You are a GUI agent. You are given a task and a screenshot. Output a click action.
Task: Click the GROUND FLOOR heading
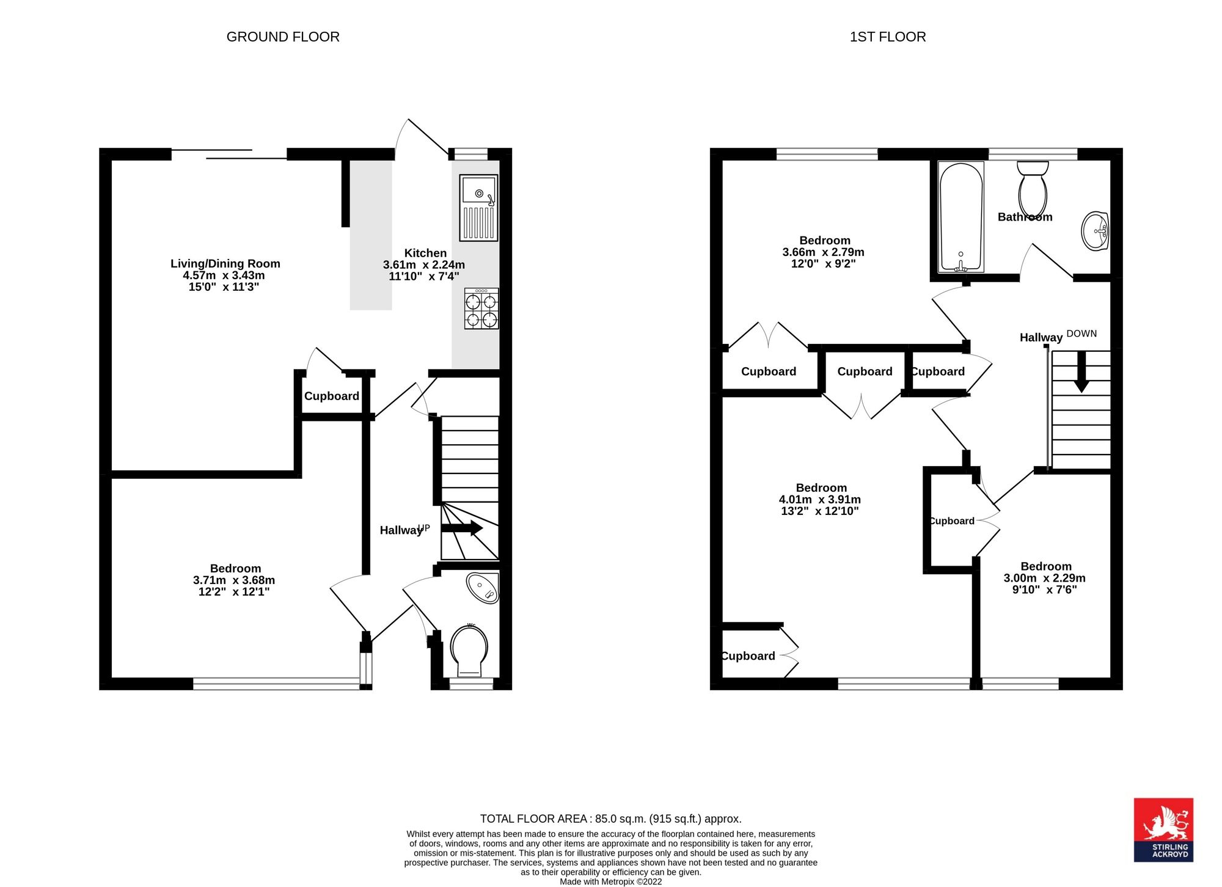283,37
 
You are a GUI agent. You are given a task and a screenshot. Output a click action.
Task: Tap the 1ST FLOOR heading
888,37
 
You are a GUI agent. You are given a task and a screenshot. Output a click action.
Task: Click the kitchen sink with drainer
478,208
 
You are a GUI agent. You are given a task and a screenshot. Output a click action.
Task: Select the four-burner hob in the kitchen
481,308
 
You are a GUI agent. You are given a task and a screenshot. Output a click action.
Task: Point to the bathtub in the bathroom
961,217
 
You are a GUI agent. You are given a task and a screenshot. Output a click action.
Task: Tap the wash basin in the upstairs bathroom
1095,231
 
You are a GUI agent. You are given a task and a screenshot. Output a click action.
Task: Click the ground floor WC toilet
469,651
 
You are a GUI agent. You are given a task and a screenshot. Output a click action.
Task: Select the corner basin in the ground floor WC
483,588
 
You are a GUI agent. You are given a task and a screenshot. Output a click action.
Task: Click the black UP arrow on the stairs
462,528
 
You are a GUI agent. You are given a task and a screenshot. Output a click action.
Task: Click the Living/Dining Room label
225,264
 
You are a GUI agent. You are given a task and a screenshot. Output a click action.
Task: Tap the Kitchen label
425,253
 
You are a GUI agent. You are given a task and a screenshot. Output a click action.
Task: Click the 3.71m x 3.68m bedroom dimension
234,580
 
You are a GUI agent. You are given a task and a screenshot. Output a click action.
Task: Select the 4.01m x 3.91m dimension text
820,500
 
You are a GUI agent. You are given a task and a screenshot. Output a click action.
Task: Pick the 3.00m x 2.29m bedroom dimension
1045,579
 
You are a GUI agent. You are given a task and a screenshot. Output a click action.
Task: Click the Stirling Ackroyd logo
1163,830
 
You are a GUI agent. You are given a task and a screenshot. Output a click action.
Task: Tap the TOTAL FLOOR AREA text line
611,819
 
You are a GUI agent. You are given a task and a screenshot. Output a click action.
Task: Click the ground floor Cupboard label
332,396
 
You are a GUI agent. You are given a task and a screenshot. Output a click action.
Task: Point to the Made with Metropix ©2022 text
611,882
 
